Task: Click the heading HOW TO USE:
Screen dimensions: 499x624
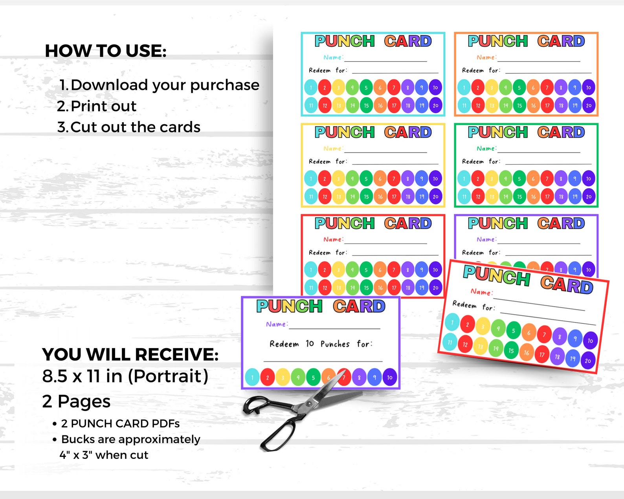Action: pos(106,51)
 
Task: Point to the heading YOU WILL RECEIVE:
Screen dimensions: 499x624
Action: pos(130,354)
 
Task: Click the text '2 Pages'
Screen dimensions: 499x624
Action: pos(76,402)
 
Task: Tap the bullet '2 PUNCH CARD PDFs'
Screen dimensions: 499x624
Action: pos(120,424)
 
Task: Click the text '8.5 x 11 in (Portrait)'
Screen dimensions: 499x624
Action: pos(125,376)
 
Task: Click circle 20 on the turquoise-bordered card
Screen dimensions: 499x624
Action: pos(435,105)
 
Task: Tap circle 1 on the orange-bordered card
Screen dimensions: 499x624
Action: pos(464,88)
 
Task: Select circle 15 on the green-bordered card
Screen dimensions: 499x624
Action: pos(519,196)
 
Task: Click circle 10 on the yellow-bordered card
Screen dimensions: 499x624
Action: pos(435,179)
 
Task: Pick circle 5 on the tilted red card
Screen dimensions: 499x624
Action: pos(513,331)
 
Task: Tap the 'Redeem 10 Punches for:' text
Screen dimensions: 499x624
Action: pos(321,344)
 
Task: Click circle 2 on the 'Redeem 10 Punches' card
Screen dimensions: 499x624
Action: pos(268,378)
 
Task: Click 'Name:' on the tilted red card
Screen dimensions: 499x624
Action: pos(481,292)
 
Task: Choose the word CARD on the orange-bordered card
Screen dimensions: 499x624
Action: pos(561,41)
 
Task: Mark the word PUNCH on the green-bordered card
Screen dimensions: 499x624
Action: pos(498,132)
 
